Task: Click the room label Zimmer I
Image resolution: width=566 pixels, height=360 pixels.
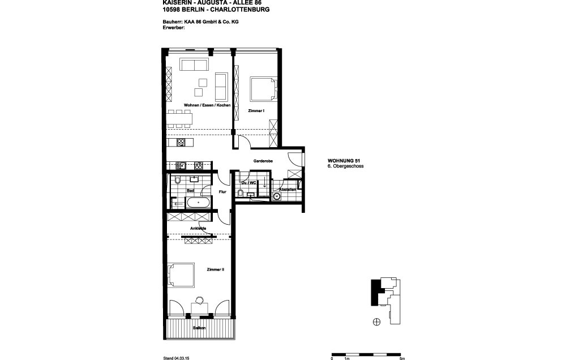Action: pyautogui.click(x=256, y=111)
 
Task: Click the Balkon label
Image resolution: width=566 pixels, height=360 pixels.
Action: pyautogui.click(x=198, y=328)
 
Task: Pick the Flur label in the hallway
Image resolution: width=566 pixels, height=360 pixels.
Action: pyautogui.click(x=222, y=191)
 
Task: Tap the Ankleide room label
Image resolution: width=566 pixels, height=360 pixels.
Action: pyautogui.click(x=198, y=228)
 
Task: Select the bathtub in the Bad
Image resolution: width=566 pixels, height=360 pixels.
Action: pyautogui.click(x=198, y=203)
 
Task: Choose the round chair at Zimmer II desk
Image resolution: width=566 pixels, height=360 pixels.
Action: pyautogui.click(x=199, y=300)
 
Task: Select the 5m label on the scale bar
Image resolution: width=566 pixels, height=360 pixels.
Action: pyautogui.click(x=402, y=358)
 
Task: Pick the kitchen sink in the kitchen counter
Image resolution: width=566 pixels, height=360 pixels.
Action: pyautogui.click(x=182, y=166)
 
